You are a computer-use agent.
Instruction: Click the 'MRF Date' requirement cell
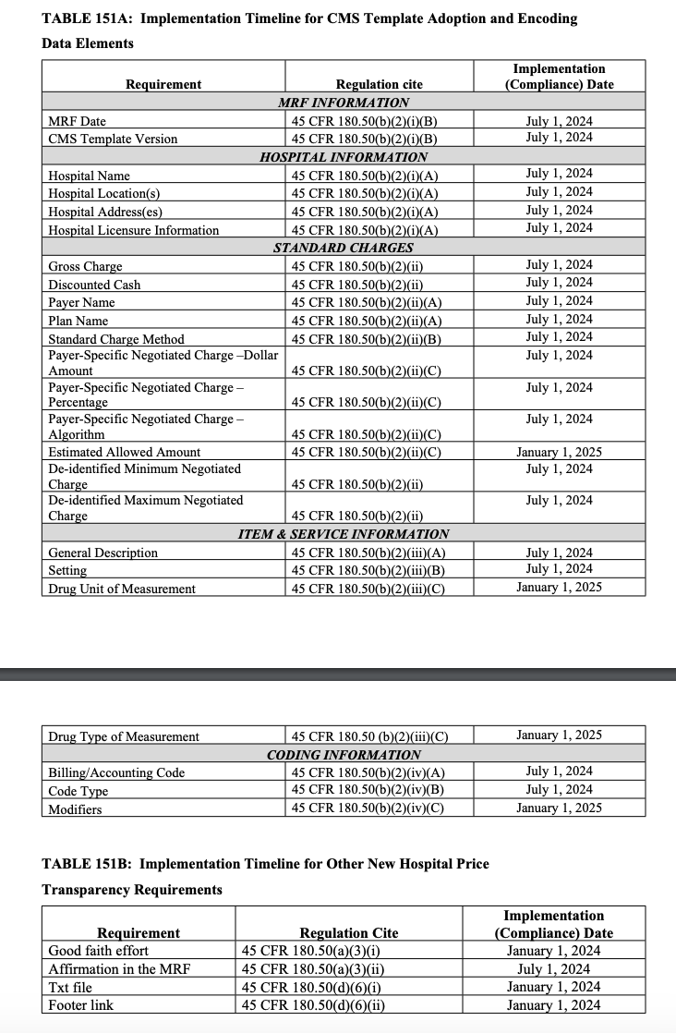pyautogui.click(x=78, y=121)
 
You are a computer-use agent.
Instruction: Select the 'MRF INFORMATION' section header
pyautogui.click(x=344, y=103)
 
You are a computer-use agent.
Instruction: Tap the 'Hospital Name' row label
pyautogui.click(x=90, y=176)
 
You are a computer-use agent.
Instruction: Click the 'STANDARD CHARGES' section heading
pyautogui.click(x=344, y=248)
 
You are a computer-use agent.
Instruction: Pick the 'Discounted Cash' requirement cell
pyautogui.click(x=95, y=285)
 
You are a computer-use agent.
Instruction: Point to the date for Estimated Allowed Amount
pyautogui.click(x=559, y=452)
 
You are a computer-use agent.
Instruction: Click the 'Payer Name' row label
pyautogui.click(x=83, y=303)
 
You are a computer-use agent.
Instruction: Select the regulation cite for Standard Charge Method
pyautogui.click(x=363, y=339)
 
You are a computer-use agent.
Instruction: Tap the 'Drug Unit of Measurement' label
pyautogui.click(x=122, y=589)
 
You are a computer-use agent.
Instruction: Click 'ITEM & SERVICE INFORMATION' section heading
pyautogui.click(x=344, y=534)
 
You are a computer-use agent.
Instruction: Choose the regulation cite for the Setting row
pyautogui.click(x=368, y=570)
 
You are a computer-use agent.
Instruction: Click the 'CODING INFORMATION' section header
pyautogui.click(x=344, y=755)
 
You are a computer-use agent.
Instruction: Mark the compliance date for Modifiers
pyautogui.click(x=559, y=808)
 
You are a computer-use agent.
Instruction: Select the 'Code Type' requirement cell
pyautogui.click(x=78, y=791)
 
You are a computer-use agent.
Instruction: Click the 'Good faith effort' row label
pyautogui.click(x=99, y=950)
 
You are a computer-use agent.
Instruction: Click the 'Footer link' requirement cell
pyautogui.click(x=81, y=1004)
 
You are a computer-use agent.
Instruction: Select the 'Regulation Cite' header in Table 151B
pyautogui.click(x=349, y=933)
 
